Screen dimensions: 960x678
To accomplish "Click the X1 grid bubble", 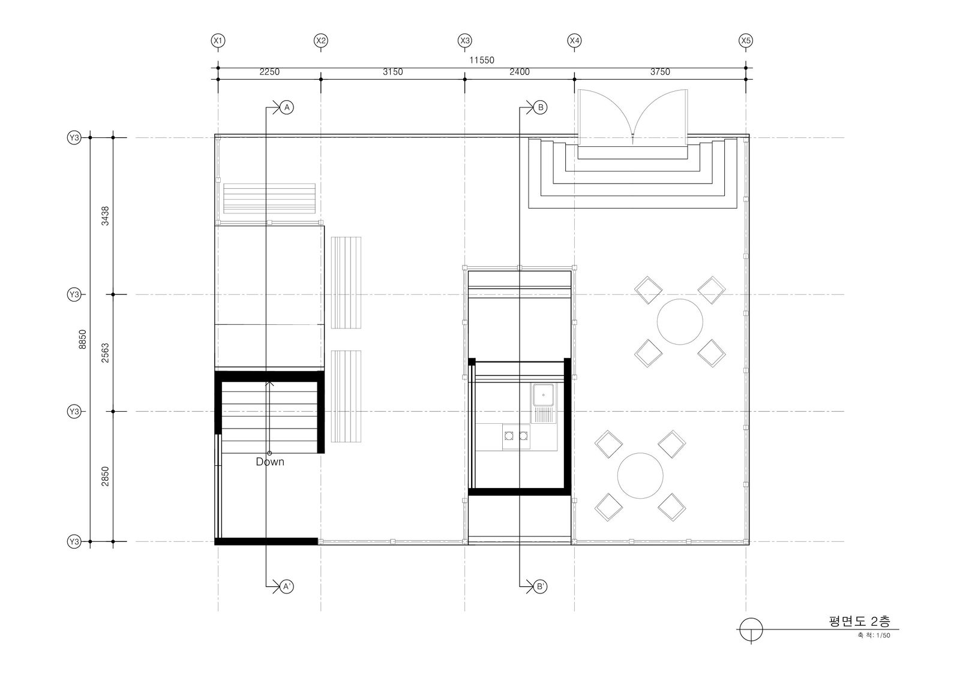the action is click(x=218, y=41).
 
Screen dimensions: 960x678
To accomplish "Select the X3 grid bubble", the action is click(x=464, y=41).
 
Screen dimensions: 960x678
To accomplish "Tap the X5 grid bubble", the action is click(x=746, y=41).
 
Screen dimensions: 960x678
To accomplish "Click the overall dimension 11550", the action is click(x=482, y=61).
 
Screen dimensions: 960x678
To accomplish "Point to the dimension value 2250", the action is click(x=269, y=72).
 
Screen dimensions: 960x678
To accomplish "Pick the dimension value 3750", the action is click(x=660, y=72).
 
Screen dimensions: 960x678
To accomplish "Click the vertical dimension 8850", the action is click(x=83, y=339).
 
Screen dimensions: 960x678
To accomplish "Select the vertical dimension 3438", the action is click(x=105, y=216).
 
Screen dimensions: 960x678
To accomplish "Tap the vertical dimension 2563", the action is click(x=105, y=353).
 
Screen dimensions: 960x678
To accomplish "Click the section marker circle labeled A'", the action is click(x=287, y=586).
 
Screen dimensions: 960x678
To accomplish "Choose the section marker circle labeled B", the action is click(x=541, y=107).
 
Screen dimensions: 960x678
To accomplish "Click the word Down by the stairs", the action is click(x=270, y=462).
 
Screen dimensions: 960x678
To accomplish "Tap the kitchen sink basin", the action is click(x=543, y=395).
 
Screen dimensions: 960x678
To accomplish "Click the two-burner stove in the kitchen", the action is click(x=516, y=436).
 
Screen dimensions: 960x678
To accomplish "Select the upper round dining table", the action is click(x=680, y=322).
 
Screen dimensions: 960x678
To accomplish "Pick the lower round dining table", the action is click(x=640, y=475).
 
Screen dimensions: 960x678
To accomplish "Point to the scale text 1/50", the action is click(x=883, y=635).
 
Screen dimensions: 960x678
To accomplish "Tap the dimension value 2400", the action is click(x=520, y=72).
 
